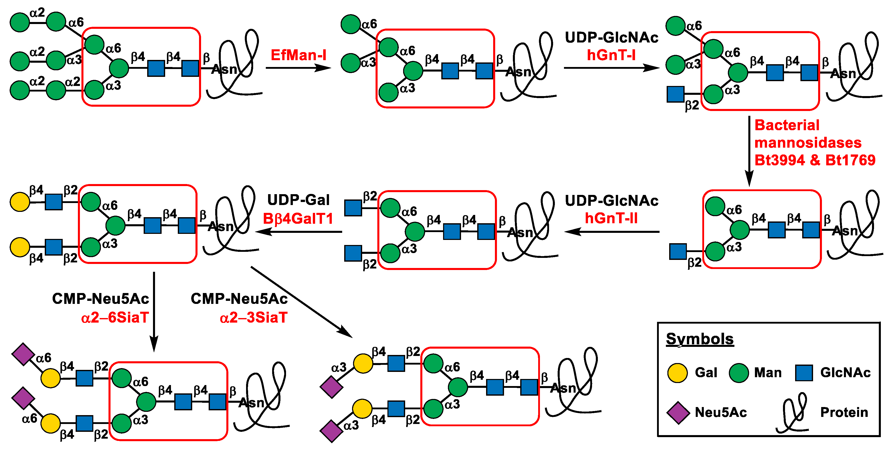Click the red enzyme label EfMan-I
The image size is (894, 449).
298,55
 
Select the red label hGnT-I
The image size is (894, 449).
611,55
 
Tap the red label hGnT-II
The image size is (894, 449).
611,218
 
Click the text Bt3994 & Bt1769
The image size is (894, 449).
815,160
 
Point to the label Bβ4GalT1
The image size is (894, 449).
298,219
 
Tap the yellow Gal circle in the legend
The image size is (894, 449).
677,373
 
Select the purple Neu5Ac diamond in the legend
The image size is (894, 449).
678,413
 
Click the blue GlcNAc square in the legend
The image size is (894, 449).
804,373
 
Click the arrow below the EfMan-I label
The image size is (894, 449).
298,68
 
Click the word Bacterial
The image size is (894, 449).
787,125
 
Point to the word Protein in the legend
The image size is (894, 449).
844,412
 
